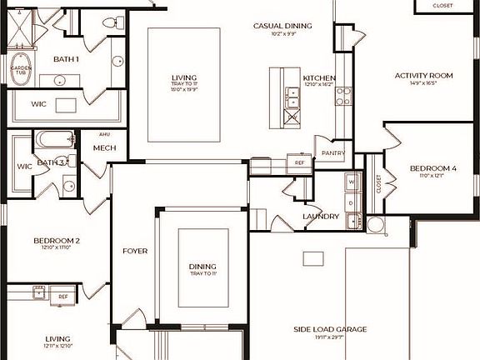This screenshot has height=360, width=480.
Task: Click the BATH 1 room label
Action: pyautogui.click(x=66, y=59)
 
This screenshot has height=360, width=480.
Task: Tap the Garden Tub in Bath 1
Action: pyautogui.click(x=21, y=72)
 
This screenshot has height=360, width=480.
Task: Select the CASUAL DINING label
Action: pyautogui.click(x=282, y=26)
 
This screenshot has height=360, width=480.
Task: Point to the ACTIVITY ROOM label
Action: pyautogui.click(x=423, y=76)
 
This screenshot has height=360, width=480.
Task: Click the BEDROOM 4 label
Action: pyautogui.click(x=433, y=169)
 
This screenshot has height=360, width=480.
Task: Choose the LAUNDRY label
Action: pyautogui.click(x=321, y=217)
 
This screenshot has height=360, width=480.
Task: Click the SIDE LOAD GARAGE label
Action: pyautogui.click(x=330, y=330)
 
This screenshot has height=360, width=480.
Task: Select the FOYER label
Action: pyautogui.click(x=135, y=250)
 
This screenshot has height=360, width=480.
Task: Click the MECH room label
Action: pyautogui.click(x=104, y=148)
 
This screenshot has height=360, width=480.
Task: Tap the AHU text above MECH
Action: pyautogui.click(x=104, y=133)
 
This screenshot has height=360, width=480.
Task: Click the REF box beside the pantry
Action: pyautogui.click(x=300, y=163)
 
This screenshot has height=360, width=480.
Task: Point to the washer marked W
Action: pyautogui.click(x=351, y=181)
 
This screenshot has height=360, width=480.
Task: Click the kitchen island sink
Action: pyautogui.click(x=292, y=97)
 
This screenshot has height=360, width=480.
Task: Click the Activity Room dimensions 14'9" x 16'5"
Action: pyautogui.click(x=423, y=83)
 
